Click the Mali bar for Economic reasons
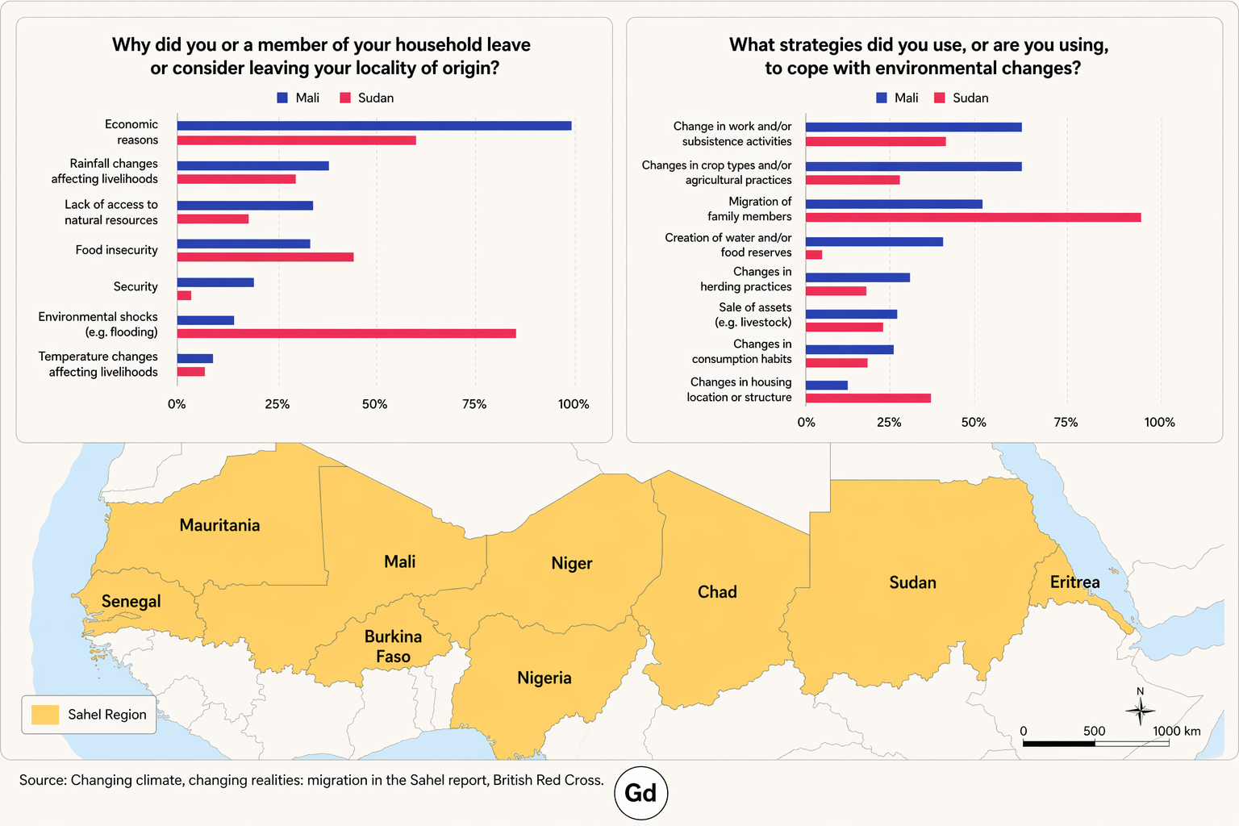pos(374,126)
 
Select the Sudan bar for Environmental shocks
pos(346,333)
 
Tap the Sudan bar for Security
pos(184,295)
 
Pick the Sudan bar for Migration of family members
pos(973,217)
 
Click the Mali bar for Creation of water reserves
pos(874,241)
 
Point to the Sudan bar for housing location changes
pos(868,398)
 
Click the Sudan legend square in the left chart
pos(345,98)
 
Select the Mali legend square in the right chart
pos(882,98)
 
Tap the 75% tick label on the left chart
pos(474,404)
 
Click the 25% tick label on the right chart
pos(889,422)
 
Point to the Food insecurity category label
pos(117,250)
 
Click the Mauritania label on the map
pos(219,525)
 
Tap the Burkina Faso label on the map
pos(393,646)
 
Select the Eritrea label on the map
pos(1074,582)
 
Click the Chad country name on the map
pos(717,592)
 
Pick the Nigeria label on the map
pos(544,678)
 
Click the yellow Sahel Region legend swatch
pos(45,715)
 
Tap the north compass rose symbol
pos(1140,710)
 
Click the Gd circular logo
pos(640,793)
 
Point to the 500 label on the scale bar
pos(1094,731)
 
